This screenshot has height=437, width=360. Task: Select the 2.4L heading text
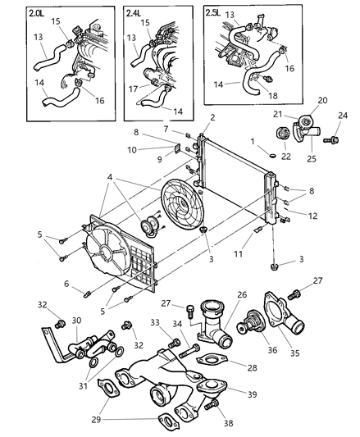click(135, 13)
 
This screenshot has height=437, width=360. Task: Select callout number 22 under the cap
click(285, 157)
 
